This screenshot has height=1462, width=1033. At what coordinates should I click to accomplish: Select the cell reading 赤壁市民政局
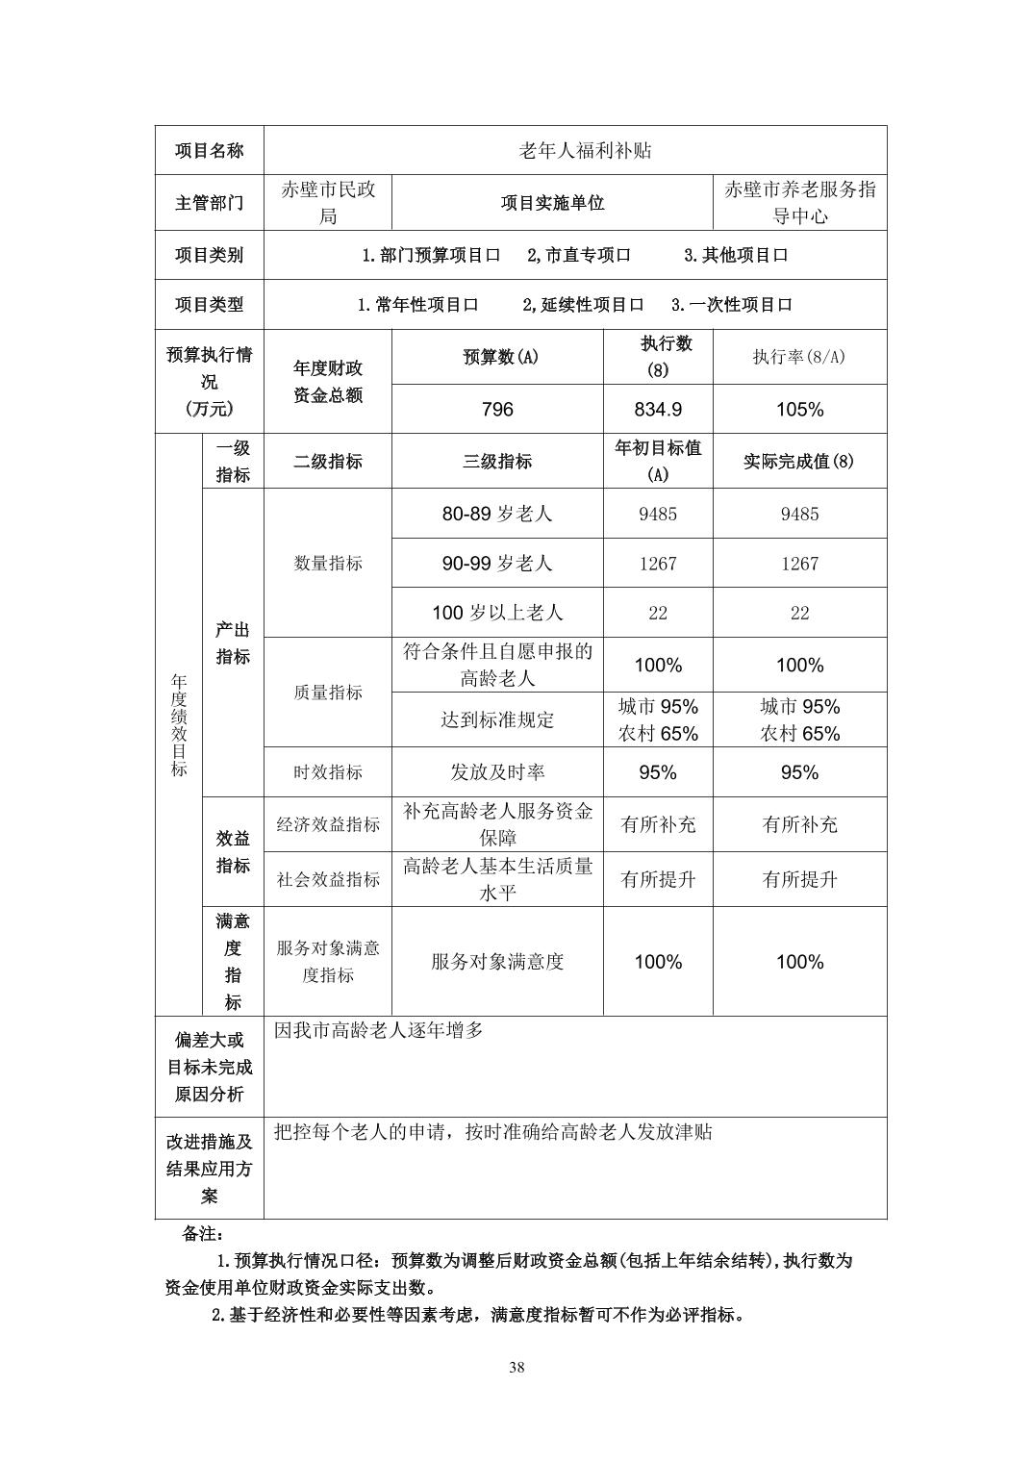click(x=328, y=203)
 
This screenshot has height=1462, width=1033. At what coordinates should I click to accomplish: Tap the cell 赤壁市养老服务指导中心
click(x=799, y=203)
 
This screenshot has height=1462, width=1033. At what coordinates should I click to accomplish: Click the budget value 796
click(x=497, y=410)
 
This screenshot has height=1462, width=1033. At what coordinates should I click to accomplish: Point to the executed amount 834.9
click(x=658, y=410)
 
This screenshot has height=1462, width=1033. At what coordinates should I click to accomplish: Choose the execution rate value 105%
click(x=799, y=410)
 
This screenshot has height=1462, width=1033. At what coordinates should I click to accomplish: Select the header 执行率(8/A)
click(x=799, y=357)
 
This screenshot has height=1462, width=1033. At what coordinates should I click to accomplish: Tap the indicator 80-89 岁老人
click(x=497, y=514)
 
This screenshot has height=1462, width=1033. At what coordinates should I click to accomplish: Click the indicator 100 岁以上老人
click(x=497, y=613)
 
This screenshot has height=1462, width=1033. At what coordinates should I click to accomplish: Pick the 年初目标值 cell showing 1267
click(x=658, y=564)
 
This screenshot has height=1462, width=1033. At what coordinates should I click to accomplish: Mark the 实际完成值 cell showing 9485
click(x=799, y=514)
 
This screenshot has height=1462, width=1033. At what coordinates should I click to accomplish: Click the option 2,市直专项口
click(x=579, y=256)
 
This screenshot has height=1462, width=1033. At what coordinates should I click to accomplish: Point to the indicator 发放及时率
click(x=497, y=772)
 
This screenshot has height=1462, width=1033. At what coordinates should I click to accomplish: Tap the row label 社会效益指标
click(x=328, y=879)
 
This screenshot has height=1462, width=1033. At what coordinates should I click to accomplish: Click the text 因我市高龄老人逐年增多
click(x=379, y=1031)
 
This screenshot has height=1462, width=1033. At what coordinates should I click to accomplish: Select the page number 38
click(x=516, y=1369)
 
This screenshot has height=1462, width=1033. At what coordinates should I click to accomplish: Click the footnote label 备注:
click(x=203, y=1233)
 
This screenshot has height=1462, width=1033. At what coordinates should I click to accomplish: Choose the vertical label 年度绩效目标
click(x=179, y=725)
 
